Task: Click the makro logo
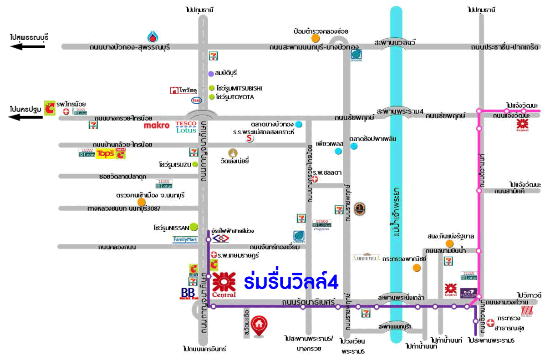[157, 125]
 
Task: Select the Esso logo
[197, 100]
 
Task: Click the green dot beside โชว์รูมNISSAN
[194, 226]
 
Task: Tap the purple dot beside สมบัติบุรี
[211, 73]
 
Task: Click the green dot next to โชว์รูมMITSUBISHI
[212, 88]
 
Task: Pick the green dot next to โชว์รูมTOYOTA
[212, 97]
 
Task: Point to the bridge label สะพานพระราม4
[400, 111]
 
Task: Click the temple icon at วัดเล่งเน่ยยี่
[233, 153]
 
